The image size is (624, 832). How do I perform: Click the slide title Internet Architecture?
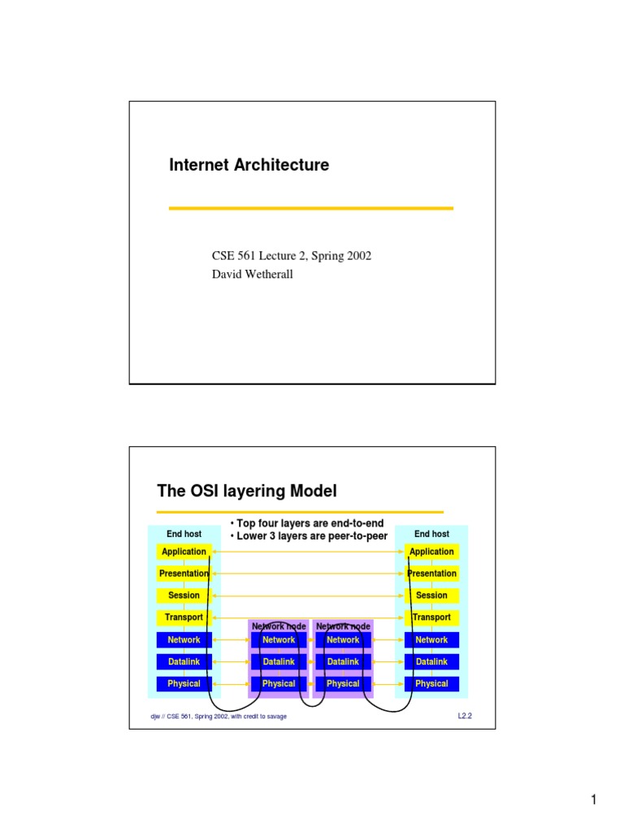249,165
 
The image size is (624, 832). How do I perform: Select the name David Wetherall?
253,274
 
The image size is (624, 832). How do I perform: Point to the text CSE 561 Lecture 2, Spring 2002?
291,256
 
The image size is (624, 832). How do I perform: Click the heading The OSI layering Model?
246,491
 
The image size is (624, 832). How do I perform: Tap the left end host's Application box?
184,552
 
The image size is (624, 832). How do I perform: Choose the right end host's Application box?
431,552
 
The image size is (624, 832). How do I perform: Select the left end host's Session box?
184,596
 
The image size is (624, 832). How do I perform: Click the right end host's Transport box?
431,617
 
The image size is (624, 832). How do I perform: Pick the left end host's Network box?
184,640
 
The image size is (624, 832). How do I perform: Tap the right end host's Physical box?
431,684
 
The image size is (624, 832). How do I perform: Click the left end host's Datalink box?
184,662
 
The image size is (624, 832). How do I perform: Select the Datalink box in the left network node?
279,662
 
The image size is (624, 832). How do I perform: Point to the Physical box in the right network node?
343,684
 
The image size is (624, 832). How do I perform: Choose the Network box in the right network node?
343,640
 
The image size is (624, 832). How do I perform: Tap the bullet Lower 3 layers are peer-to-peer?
310,536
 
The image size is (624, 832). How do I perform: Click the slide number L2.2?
466,716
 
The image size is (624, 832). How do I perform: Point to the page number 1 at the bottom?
594,802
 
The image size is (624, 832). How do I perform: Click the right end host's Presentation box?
431,574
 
